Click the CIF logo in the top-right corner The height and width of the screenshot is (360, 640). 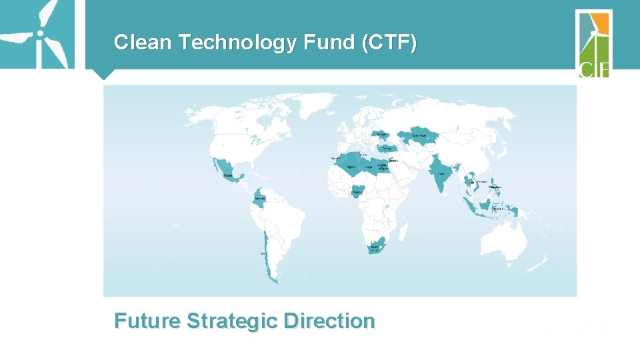point(593,43)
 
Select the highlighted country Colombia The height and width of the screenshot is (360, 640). point(261,198)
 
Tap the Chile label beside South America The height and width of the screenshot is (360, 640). point(263,253)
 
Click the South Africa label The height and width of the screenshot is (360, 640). point(374,247)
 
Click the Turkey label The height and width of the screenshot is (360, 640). point(385,149)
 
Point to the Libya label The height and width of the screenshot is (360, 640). point(368,166)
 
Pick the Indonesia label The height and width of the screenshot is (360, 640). point(497,209)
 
